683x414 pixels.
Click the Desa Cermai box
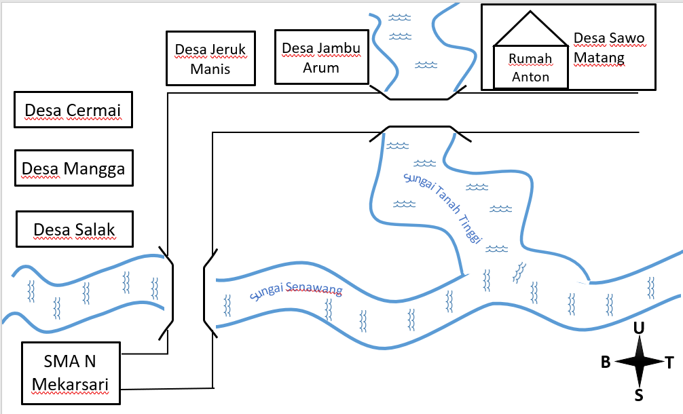click(x=73, y=110)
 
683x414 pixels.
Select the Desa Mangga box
click(x=73, y=168)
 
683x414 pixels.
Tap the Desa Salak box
click(x=75, y=229)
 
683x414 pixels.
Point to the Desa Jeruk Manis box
click(x=211, y=58)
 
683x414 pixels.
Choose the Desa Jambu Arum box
click(x=321, y=57)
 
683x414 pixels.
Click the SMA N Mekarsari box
click(x=71, y=373)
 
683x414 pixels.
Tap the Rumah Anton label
click(x=530, y=67)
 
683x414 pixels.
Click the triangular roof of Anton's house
click(x=530, y=29)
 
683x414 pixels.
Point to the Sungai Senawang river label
click(x=296, y=290)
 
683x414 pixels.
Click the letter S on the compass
click(x=639, y=395)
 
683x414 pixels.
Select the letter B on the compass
click(x=606, y=362)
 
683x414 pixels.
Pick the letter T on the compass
click(x=669, y=362)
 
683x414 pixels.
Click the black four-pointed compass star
click(x=639, y=361)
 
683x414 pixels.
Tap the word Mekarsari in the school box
click(x=70, y=385)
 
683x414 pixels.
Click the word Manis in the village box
click(x=210, y=69)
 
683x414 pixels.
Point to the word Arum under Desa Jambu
click(x=321, y=67)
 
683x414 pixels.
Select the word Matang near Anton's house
click(x=599, y=58)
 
